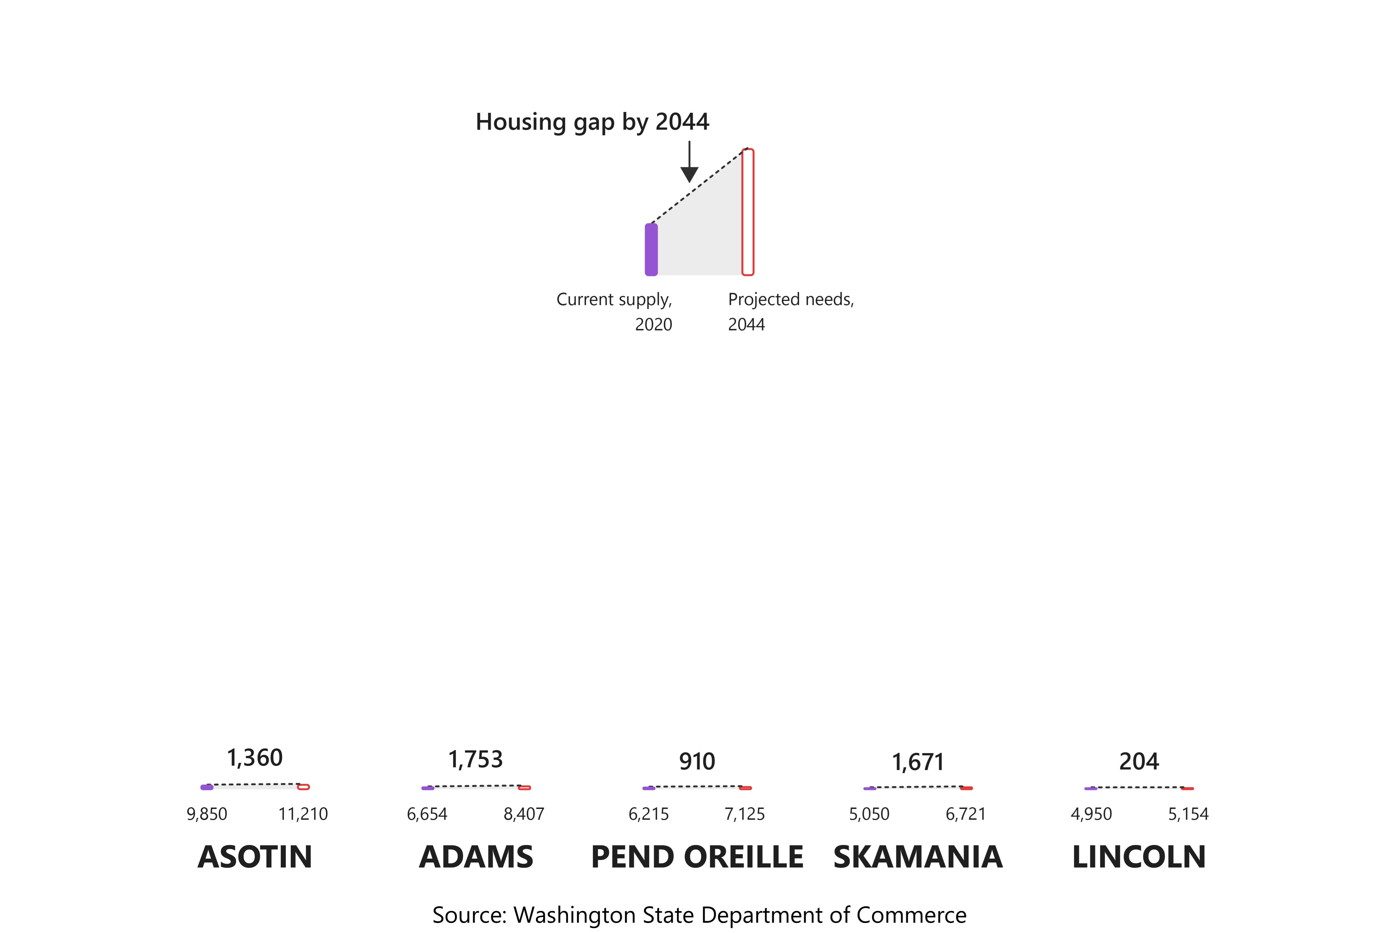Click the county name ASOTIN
pyautogui.click(x=255, y=857)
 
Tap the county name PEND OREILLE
pyautogui.click(x=697, y=857)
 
